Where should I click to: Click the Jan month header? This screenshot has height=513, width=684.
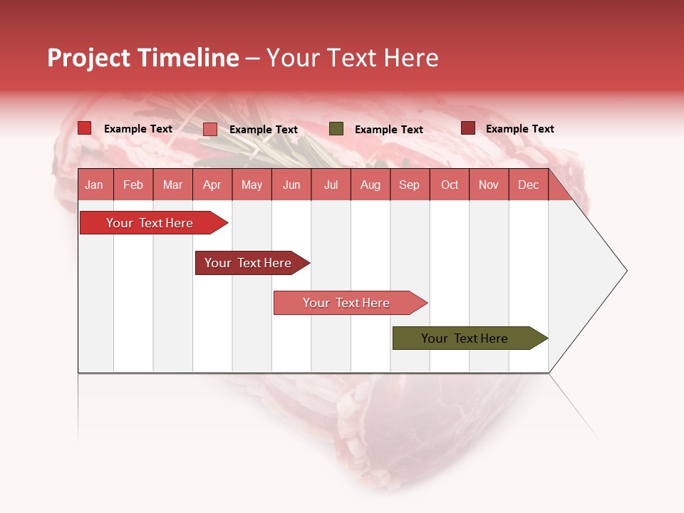pyautogui.click(x=94, y=185)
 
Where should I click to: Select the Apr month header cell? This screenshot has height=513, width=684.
pyautogui.click(x=212, y=185)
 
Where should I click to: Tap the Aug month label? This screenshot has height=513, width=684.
pyautogui.click(x=370, y=185)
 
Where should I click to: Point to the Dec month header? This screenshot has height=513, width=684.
pyautogui.click(x=528, y=185)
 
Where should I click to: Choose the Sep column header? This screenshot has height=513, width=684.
pyautogui.click(x=409, y=185)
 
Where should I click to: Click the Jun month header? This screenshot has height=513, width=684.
pyautogui.click(x=291, y=185)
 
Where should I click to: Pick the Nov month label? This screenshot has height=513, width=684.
pyautogui.click(x=488, y=185)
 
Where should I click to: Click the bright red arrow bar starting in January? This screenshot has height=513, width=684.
pyautogui.click(x=150, y=223)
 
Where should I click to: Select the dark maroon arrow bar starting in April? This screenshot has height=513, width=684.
pyautogui.click(x=248, y=263)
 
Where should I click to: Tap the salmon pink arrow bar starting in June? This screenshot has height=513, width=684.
pyautogui.click(x=346, y=303)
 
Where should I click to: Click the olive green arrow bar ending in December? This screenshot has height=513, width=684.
pyautogui.click(x=465, y=338)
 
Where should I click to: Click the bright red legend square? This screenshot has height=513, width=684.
pyautogui.click(x=84, y=128)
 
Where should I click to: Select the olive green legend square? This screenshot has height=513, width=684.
pyautogui.click(x=336, y=129)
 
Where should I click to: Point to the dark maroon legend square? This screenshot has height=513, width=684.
pyautogui.click(x=467, y=128)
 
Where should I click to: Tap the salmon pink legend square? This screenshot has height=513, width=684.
pyautogui.click(x=209, y=129)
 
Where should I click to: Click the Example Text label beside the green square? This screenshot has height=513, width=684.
pyautogui.click(x=388, y=130)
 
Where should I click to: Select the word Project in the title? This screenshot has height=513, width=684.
pyautogui.click(x=88, y=58)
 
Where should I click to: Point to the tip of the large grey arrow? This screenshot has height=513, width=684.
pyautogui.click(x=626, y=270)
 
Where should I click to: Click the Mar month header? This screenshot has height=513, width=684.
pyautogui.click(x=172, y=185)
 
